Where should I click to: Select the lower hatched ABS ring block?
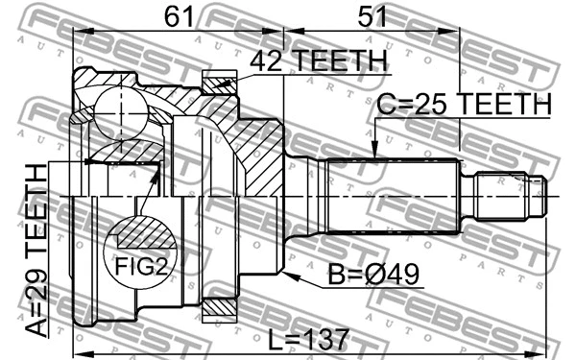click(220, 308)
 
